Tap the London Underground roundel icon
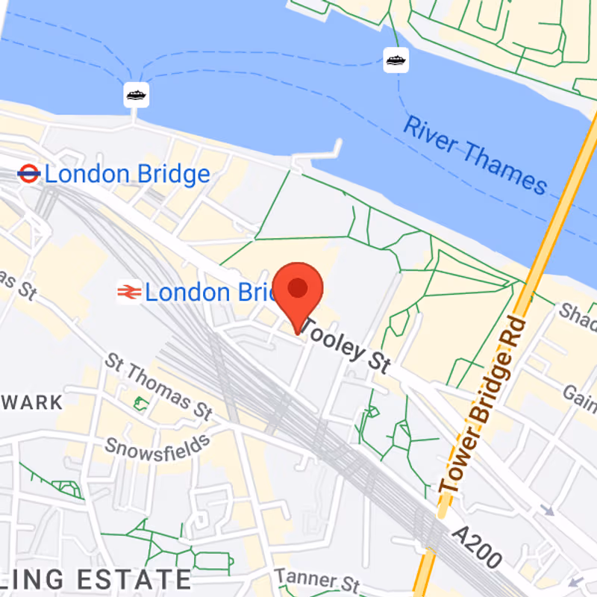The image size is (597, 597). point(28,175)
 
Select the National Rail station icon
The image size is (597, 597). point(128,292)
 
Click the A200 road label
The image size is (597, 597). point(477,548)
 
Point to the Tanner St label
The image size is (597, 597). point(317,580)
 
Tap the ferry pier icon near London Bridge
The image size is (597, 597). point(136,95)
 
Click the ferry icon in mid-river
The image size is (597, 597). point(396,60)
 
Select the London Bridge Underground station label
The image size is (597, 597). point(127,175)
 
